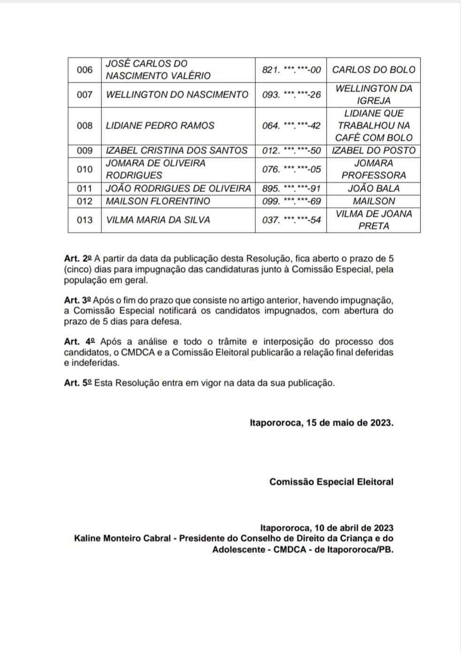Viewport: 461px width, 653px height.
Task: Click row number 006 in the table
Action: click(x=85, y=70)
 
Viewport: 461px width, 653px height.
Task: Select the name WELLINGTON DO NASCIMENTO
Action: click(x=177, y=95)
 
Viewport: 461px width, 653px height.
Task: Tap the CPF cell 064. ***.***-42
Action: click(x=291, y=126)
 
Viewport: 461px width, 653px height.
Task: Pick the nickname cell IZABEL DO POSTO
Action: click(x=374, y=151)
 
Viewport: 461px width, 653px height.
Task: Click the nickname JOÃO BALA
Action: click(x=374, y=189)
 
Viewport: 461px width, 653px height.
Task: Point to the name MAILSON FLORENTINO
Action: click(x=158, y=201)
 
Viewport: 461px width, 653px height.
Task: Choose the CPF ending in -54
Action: click(x=291, y=220)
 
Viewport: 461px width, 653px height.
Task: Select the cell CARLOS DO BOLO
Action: click(x=374, y=70)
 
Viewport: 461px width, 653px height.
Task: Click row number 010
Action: click(x=85, y=169)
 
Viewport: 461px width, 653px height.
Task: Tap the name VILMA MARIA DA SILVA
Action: click(x=158, y=220)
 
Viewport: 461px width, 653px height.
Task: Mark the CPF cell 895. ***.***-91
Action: click(x=291, y=189)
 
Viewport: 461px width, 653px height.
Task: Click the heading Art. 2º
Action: click(x=78, y=259)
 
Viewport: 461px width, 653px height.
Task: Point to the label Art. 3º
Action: click(x=78, y=300)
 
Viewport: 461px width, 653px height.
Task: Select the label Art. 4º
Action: click(x=80, y=342)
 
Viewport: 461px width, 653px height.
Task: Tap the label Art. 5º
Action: click(x=78, y=383)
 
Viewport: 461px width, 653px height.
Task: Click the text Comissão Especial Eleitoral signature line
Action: click(x=331, y=482)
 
